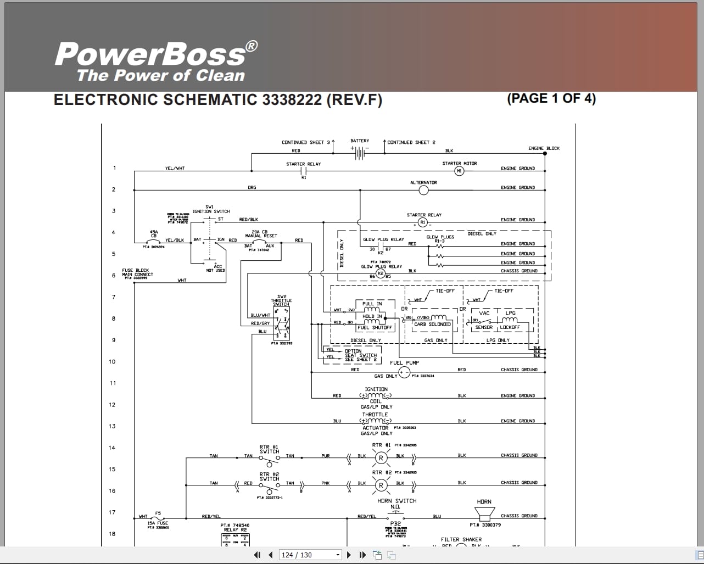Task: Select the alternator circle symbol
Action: click(x=423, y=190)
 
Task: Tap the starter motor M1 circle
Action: click(x=460, y=171)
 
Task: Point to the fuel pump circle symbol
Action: click(x=404, y=373)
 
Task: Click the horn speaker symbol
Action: click(x=484, y=515)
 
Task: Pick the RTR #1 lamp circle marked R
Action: click(x=381, y=458)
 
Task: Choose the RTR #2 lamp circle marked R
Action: click(x=381, y=485)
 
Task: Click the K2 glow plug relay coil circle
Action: click(x=380, y=273)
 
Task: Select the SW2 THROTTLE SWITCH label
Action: click(x=281, y=300)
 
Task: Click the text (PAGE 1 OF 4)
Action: click(x=551, y=98)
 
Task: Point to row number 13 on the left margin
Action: click(x=113, y=426)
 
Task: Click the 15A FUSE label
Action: click(x=158, y=523)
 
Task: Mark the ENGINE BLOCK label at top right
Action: click(x=544, y=148)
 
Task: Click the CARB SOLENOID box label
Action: click(x=432, y=325)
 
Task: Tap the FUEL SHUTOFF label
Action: click(x=375, y=328)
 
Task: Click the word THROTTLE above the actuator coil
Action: click(x=375, y=415)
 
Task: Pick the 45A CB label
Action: click(x=154, y=234)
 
